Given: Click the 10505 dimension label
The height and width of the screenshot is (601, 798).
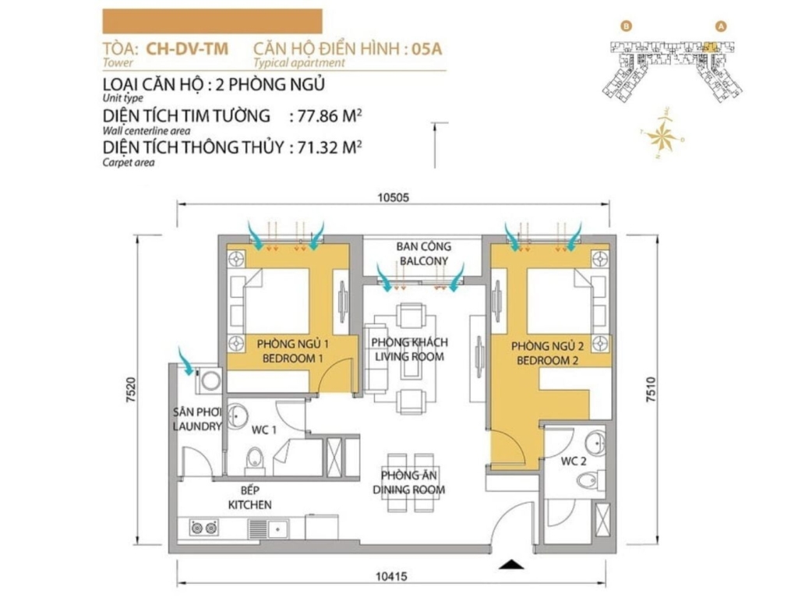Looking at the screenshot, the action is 393,197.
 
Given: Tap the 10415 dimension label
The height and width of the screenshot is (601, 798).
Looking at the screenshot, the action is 391,577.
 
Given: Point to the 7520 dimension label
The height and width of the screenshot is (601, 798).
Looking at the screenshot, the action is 130,390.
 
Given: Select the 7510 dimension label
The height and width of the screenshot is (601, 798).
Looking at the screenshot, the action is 651,390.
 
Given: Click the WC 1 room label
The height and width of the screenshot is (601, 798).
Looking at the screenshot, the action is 263,430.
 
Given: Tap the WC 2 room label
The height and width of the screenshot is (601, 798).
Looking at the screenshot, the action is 574,461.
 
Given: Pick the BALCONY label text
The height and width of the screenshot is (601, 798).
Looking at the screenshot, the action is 423,261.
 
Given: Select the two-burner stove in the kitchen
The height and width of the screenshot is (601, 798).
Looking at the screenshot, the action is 205,528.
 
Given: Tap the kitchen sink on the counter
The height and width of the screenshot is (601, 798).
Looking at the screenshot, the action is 268,529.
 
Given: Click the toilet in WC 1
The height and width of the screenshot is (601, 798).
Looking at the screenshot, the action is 254,458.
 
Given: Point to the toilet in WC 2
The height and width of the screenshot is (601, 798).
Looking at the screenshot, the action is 591,479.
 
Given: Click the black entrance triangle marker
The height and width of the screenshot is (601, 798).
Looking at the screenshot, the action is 511,564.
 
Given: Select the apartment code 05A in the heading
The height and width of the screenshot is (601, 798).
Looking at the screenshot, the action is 426,49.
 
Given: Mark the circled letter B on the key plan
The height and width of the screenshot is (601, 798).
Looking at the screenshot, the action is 627,26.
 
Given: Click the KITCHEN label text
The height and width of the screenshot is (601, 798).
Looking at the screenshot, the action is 249,505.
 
